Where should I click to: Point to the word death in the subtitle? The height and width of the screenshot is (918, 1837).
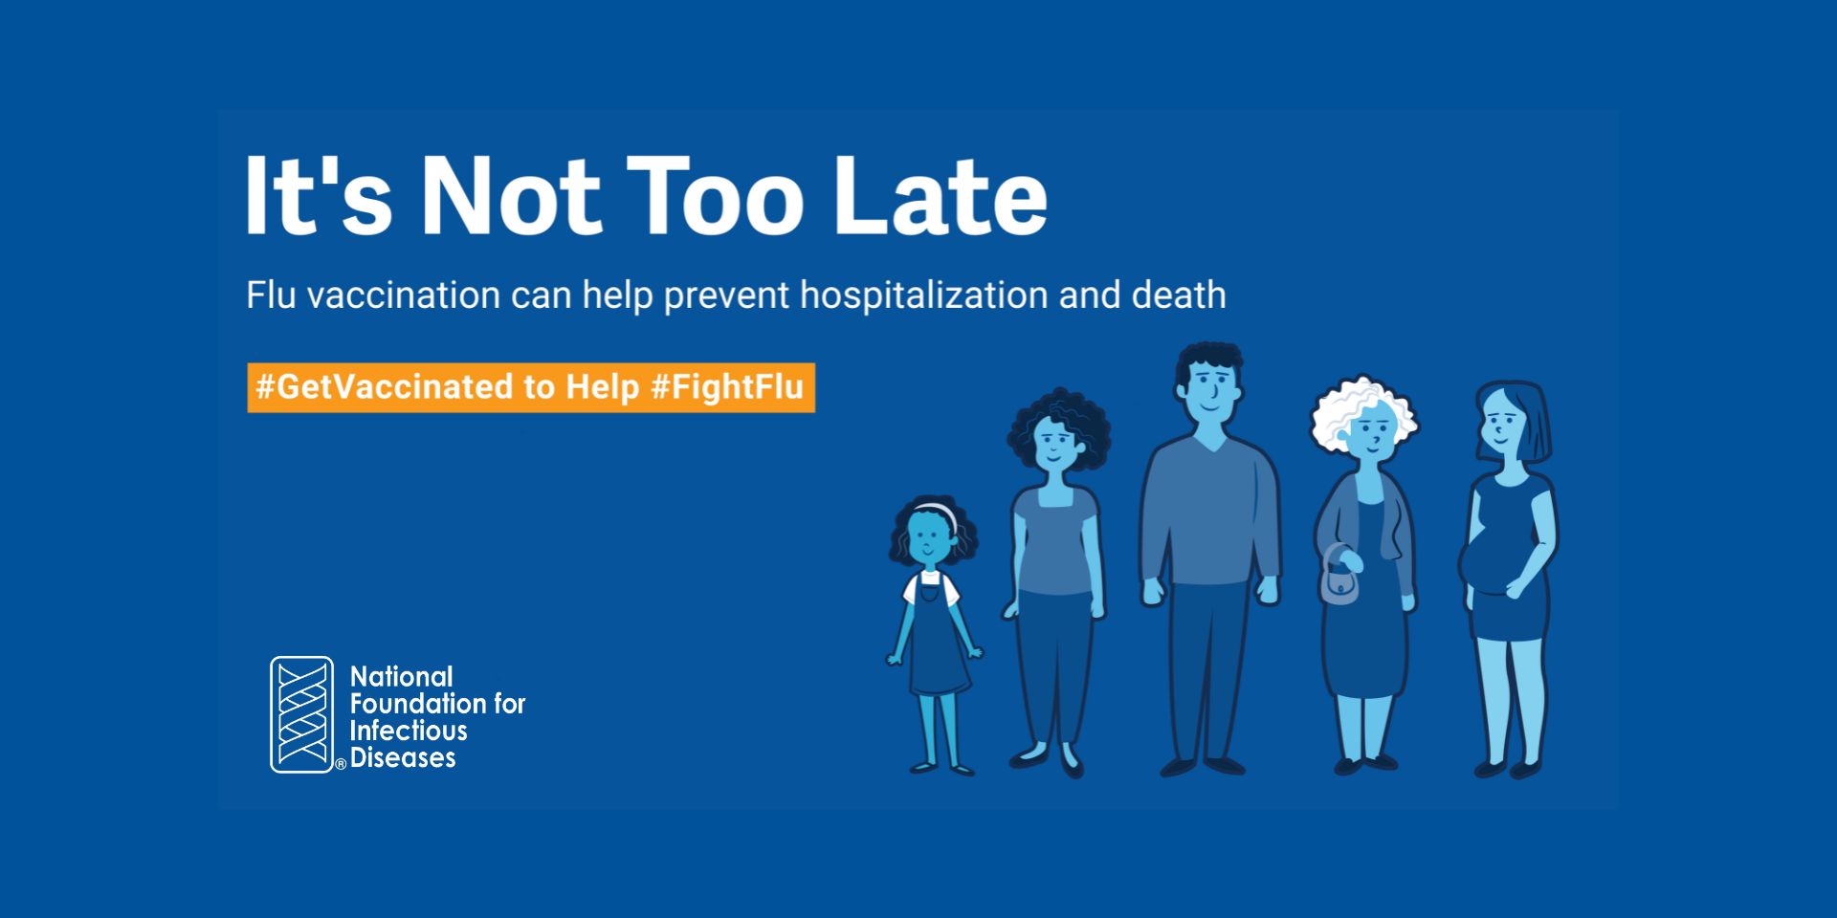click(x=1178, y=295)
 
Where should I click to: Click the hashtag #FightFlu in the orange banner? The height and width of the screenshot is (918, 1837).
click(x=727, y=387)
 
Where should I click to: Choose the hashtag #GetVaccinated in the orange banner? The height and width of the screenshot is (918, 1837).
click(x=385, y=387)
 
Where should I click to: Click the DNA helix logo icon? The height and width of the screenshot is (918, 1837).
click(x=302, y=714)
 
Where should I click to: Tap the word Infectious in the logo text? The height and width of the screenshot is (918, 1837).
click(x=409, y=731)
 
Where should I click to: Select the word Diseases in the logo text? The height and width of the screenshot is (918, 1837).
click(x=403, y=758)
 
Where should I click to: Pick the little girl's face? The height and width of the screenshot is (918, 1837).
click(x=928, y=538)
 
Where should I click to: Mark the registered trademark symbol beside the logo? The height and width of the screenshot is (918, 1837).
click(x=340, y=764)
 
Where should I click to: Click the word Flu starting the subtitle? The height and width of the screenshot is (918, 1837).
click(x=271, y=295)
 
